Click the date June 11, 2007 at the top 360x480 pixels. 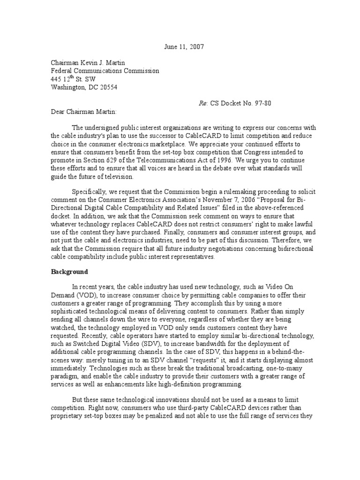tap(184, 47)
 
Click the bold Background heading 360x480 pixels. tap(69, 271)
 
